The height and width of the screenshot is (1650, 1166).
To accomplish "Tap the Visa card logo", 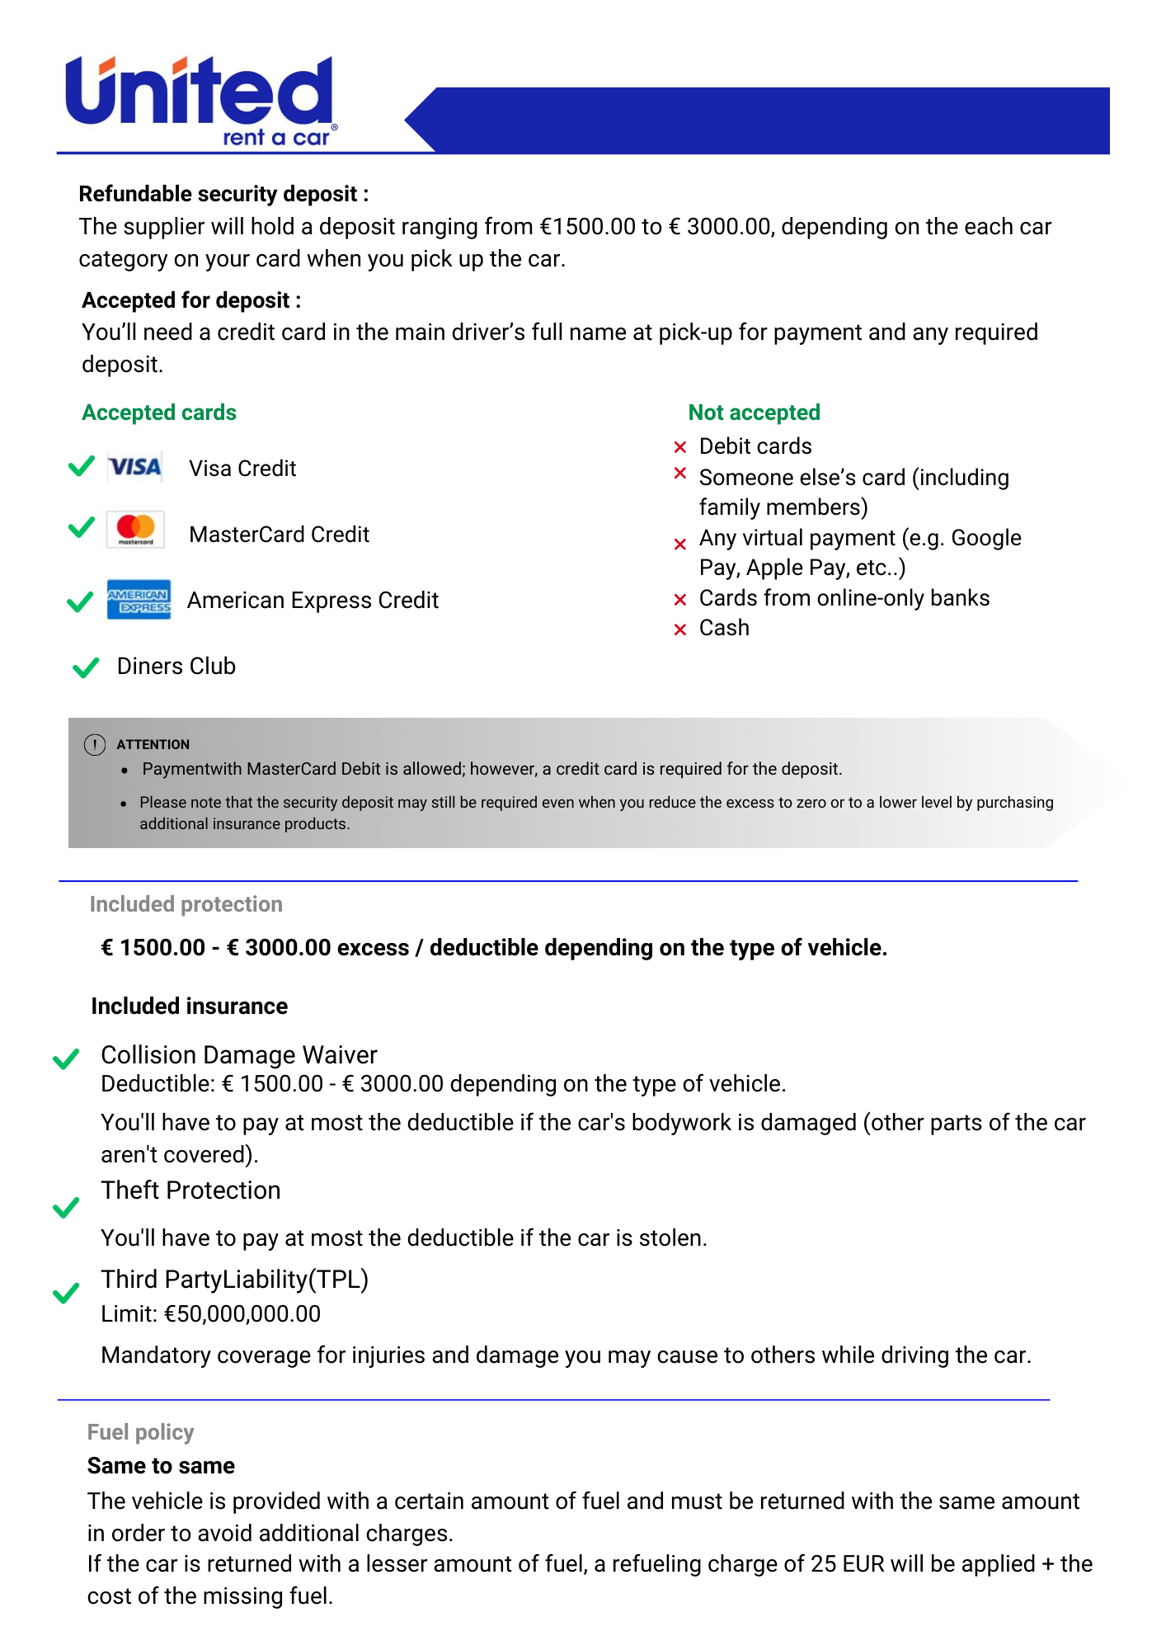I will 135,468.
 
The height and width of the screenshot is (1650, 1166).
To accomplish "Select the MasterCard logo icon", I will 136,530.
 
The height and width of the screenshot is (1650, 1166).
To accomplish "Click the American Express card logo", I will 139,599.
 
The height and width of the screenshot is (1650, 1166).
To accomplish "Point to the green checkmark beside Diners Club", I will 86,667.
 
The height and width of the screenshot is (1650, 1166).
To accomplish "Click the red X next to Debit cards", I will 680,447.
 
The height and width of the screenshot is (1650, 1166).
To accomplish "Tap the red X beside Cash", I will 680,629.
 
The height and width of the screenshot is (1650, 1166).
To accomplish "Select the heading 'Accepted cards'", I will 159,412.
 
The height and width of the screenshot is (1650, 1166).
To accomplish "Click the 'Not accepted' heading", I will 754,412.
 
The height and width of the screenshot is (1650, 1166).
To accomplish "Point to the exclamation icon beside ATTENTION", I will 95,744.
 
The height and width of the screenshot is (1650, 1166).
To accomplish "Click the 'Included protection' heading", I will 186,904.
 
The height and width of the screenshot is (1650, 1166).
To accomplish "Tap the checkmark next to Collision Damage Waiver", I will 66,1058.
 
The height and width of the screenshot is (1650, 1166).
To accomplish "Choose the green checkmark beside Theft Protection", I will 66,1208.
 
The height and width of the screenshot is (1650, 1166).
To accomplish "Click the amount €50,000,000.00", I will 242,1313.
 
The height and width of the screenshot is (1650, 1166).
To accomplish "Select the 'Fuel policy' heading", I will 140,1432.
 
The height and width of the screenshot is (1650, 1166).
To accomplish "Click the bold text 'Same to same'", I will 161,1466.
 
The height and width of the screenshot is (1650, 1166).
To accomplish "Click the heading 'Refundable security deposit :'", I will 223,194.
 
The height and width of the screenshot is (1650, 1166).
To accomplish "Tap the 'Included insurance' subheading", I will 189,1006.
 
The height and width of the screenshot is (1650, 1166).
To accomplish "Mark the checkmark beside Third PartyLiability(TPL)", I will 66,1293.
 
